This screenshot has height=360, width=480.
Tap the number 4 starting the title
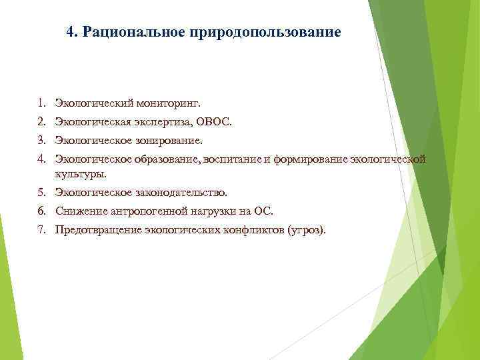71,32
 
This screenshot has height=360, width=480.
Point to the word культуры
80,173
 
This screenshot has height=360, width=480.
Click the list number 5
41,193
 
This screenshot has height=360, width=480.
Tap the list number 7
41,230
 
